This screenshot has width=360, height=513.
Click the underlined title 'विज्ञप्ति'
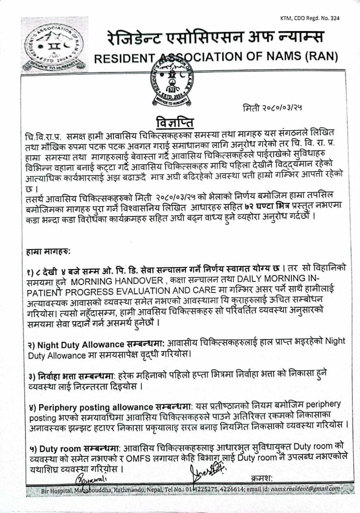click(x=175, y=123)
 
